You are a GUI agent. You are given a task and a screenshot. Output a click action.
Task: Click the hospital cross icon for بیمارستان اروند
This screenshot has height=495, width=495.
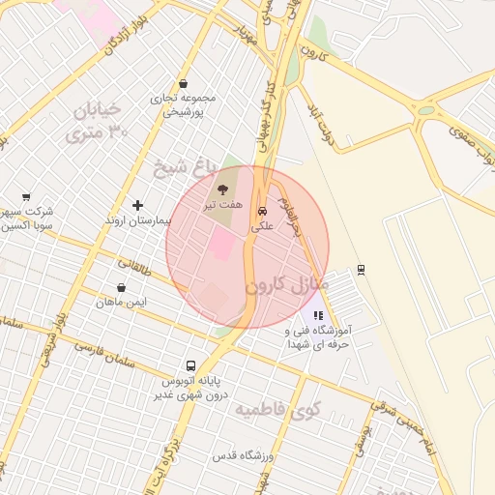(x=138, y=205)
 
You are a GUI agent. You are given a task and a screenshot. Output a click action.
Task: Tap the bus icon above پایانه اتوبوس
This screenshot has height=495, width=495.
(x=190, y=366)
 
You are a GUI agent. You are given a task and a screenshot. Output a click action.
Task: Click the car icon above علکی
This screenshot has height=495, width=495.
(x=262, y=211)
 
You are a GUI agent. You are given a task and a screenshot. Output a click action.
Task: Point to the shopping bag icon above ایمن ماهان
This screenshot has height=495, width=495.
(x=121, y=287)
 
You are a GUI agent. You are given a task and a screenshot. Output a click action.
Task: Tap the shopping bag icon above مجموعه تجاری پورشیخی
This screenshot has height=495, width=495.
(x=184, y=83)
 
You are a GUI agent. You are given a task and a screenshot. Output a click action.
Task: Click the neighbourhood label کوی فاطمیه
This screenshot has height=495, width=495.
(x=277, y=410)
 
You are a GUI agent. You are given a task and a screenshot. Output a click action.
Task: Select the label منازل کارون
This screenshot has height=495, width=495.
(x=287, y=286)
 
